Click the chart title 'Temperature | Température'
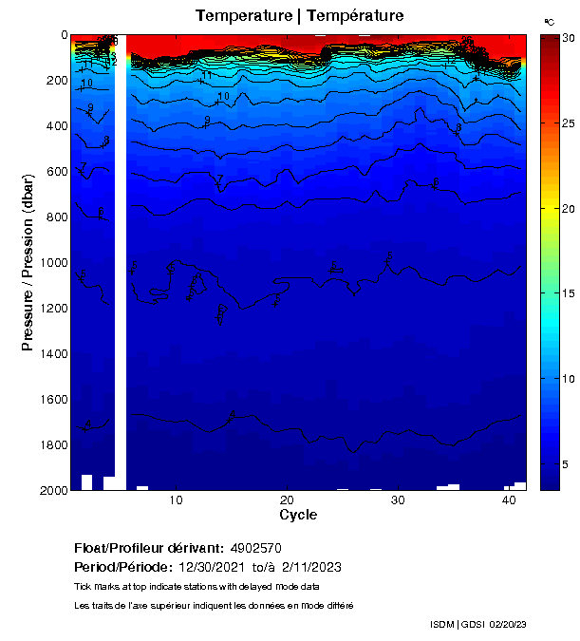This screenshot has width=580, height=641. tap(299, 16)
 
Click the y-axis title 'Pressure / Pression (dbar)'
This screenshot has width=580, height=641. tap(28, 262)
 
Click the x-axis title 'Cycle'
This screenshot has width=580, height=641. tap(298, 515)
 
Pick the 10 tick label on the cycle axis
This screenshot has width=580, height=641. tap(176, 500)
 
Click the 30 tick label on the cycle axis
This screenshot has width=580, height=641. tap(399, 500)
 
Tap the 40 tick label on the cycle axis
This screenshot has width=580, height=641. tap(510, 500)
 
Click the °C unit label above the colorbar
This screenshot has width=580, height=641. tap(549, 21)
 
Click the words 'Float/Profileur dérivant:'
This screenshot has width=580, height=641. tap(149, 549)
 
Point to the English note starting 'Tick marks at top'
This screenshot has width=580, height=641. tap(189, 586)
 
